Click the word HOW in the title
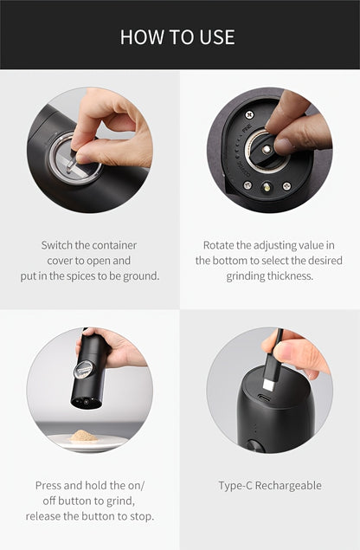(x=139, y=37)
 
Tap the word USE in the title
(x=216, y=37)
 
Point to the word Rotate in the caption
(x=221, y=245)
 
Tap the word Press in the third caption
(x=50, y=485)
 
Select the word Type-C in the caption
(x=235, y=485)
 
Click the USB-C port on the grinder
(x=266, y=401)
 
